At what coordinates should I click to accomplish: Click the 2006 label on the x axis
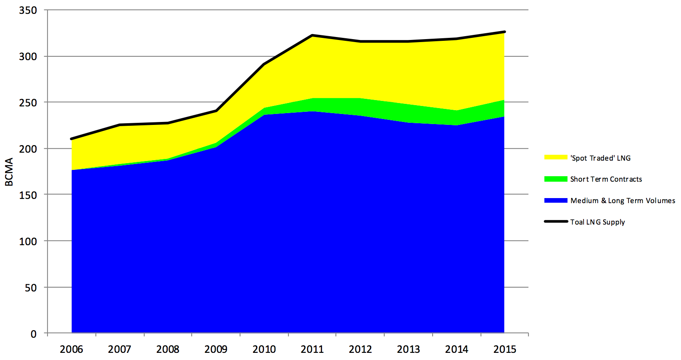[71, 349]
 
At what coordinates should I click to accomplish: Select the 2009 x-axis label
[216, 349]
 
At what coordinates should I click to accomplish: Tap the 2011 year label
[312, 349]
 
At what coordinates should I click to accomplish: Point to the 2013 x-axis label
[409, 349]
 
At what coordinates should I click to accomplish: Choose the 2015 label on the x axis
[505, 349]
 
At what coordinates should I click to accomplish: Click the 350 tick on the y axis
[28, 10]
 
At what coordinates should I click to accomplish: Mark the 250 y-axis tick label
[28, 103]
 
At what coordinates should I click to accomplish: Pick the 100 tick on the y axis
[28, 241]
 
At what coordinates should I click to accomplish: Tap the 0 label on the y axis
[34, 334]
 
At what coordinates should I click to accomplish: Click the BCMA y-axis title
[9, 172]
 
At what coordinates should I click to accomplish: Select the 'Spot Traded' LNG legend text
[600, 158]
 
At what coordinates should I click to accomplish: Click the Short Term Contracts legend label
[606, 179]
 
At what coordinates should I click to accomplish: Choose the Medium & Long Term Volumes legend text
[623, 201]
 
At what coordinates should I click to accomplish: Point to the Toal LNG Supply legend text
[597, 222]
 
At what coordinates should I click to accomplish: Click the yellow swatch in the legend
[556, 157]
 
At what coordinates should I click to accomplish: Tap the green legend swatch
[556, 179]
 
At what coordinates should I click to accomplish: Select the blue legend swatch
[556, 200]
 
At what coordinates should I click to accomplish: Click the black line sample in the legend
[556, 221]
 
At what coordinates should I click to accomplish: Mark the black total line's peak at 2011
[312, 35]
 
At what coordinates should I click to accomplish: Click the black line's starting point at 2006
[72, 139]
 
